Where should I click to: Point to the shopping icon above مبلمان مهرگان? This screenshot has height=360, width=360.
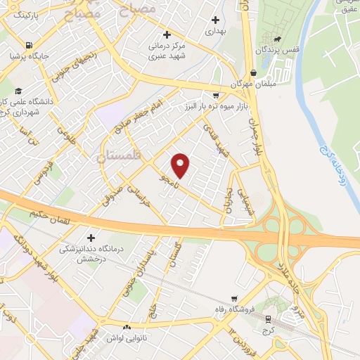click(x=252, y=72)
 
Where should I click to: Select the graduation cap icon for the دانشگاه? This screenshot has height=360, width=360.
click(x=18, y=91)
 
